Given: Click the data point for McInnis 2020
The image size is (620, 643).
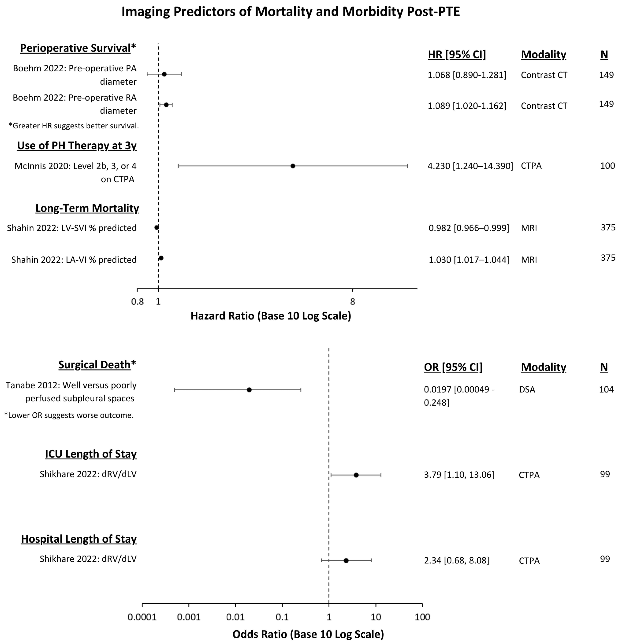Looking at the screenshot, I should (x=293, y=166).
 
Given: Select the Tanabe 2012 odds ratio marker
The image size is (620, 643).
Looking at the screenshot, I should (x=249, y=390).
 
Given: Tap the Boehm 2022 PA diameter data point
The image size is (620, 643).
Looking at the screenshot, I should (x=164, y=74).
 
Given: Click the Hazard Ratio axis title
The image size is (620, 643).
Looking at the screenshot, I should (x=271, y=316).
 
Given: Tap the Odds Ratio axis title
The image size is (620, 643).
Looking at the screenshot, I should (x=308, y=634).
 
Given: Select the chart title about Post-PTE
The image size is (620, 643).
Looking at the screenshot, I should (x=290, y=12).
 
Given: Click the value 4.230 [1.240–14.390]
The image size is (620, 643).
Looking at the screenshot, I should (x=470, y=166).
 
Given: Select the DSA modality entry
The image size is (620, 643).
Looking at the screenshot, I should (x=527, y=390).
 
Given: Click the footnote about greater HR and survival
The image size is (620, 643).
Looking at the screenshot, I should (x=74, y=126).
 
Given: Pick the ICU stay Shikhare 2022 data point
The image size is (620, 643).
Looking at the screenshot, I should (x=356, y=475).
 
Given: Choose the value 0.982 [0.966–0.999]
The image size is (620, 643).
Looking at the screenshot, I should (x=469, y=228).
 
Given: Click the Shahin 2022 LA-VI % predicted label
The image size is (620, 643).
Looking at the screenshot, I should (x=74, y=260).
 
